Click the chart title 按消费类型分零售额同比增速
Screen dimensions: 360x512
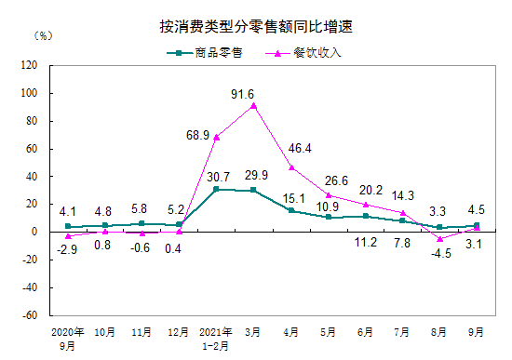tap(256, 27)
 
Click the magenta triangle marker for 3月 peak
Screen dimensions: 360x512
tap(254, 105)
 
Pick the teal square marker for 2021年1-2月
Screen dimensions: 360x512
tap(217, 189)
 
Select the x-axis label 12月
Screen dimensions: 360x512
tap(179, 331)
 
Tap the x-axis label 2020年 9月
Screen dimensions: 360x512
tap(67, 337)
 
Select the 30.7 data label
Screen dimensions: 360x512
tap(217, 177)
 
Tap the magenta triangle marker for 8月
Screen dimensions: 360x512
tap(440, 238)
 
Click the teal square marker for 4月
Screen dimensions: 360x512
tap(291, 210)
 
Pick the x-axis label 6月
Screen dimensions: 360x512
tap(366, 331)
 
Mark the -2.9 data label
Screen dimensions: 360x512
tap(67, 249)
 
